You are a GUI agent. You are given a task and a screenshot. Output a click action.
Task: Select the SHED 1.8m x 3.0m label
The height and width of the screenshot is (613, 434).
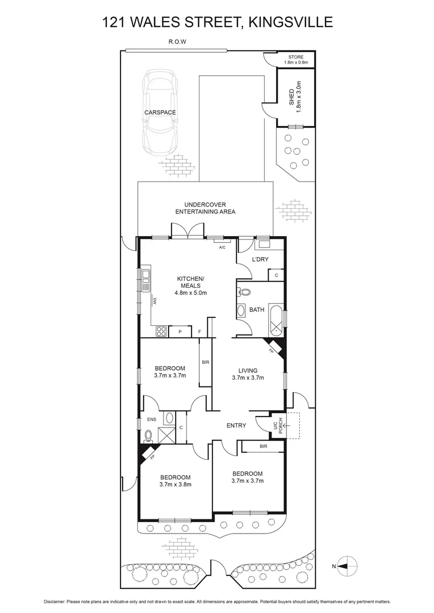tap(294, 98)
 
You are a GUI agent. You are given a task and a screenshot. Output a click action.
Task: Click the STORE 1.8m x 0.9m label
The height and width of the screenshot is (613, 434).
tap(295, 60)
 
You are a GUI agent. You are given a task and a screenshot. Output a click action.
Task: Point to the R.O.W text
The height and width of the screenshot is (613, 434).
tap(177, 42)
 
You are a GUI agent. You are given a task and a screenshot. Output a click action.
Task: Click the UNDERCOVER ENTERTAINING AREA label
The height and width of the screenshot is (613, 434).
tap(205, 208)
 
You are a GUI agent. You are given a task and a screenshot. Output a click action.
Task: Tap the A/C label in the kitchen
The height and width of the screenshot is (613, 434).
tap(223, 247)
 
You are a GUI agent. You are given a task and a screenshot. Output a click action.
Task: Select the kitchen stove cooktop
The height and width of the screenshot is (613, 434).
tap(161, 332)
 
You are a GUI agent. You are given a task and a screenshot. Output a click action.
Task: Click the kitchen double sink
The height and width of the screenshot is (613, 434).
tap(146, 278)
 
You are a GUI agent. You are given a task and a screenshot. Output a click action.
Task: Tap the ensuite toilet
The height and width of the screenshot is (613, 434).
tap(149, 436)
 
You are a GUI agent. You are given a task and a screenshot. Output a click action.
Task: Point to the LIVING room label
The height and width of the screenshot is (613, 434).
tap(248, 374)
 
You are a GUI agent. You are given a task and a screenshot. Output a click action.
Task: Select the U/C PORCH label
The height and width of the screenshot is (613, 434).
tap(277, 426)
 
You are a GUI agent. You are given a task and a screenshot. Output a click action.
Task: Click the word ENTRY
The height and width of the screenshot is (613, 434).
tap(236, 425)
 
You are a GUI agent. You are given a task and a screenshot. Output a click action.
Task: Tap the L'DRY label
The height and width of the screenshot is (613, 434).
tap(260, 260)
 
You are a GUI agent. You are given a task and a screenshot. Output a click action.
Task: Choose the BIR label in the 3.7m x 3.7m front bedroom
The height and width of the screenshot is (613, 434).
tap(263, 447)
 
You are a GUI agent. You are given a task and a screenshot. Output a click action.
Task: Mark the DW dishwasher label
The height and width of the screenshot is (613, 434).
tap(153, 302)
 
